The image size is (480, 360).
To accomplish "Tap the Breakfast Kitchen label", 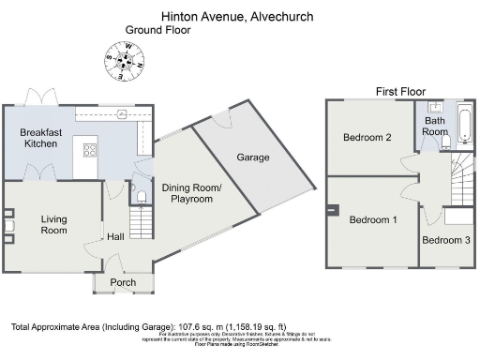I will point(42,140).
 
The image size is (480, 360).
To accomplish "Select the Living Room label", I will point(53,225).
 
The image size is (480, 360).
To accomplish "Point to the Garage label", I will point(253,157).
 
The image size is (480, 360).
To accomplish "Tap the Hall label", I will point(115,237).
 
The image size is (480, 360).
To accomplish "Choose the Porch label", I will point(123,282).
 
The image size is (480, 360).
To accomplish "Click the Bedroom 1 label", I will point(373,220).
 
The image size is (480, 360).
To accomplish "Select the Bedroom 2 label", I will point(367,138).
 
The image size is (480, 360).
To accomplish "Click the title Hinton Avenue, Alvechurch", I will point(237,16).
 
